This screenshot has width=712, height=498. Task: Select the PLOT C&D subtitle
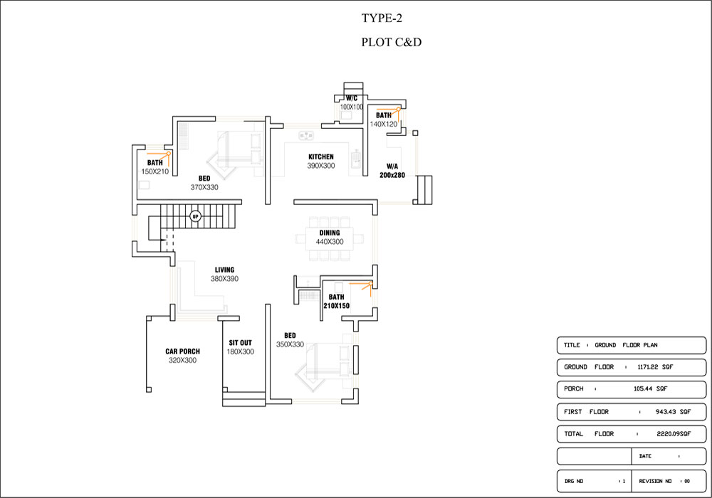[x=392, y=43]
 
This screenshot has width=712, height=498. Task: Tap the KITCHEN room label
[x=320, y=157]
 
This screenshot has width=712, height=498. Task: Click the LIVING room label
[x=224, y=270]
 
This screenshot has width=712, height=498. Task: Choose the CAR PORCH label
[x=182, y=351]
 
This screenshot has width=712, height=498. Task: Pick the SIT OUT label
[x=240, y=343]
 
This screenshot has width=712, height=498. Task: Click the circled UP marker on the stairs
[x=195, y=216]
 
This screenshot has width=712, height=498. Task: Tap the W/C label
[x=351, y=97]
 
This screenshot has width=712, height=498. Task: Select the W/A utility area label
[x=392, y=166]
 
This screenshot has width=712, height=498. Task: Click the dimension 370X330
[x=204, y=187]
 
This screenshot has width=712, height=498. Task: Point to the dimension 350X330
[x=290, y=344]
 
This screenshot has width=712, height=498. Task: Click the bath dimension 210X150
[x=336, y=306]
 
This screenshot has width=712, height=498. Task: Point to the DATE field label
[x=645, y=456]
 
